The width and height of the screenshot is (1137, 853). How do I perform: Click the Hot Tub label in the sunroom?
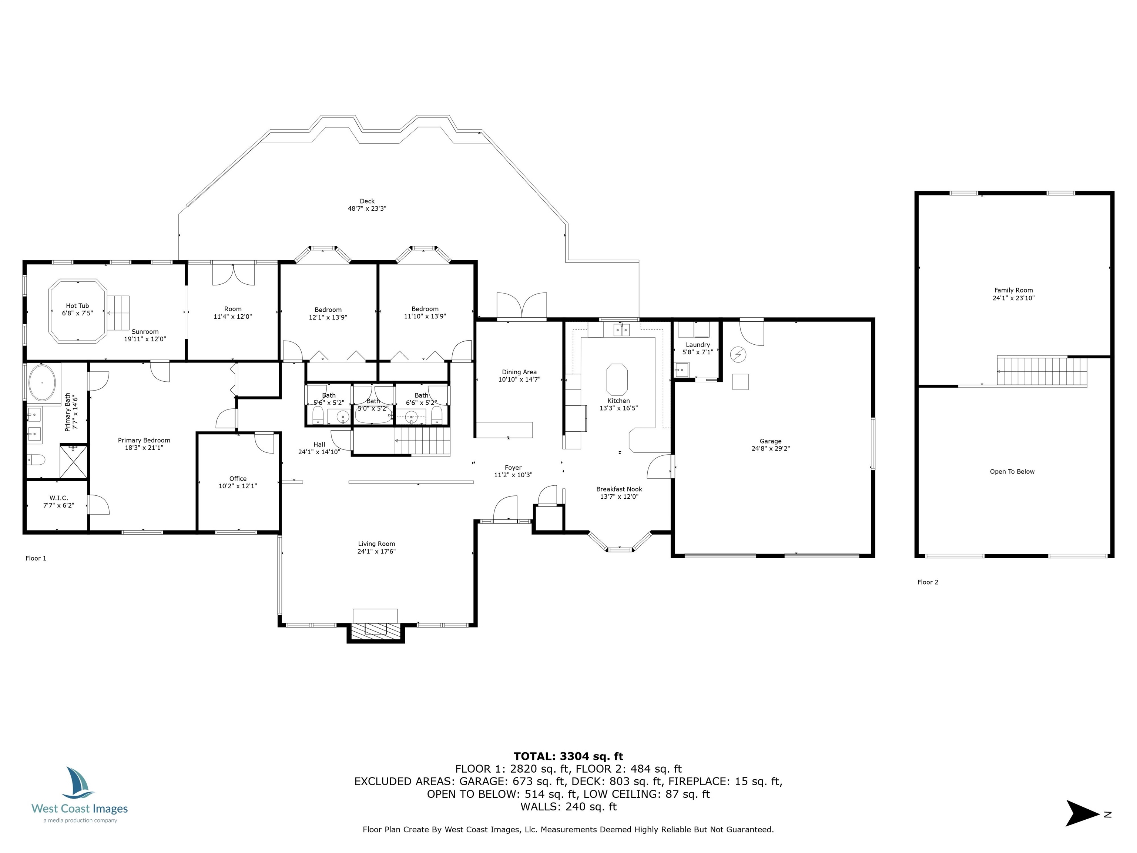click(x=77, y=306)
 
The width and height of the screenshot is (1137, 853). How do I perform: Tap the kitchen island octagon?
click(x=617, y=379)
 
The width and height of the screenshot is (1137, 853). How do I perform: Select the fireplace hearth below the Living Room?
click(x=375, y=630)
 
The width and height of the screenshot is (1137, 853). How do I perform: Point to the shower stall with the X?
click(x=74, y=461)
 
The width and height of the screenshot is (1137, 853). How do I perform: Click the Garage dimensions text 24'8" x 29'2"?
click(x=771, y=448)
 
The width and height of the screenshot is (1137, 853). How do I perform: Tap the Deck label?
click(x=367, y=201)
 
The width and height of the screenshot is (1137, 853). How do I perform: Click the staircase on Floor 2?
click(x=1042, y=371)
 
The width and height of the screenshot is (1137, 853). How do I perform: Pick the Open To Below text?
click(x=1012, y=472)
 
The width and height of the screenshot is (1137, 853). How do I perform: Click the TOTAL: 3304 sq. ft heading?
click(x=568, y=756)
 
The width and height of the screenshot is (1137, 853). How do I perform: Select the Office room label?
click(x=238, y=479)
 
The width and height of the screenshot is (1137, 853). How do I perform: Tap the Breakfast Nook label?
click(x=619, y=489)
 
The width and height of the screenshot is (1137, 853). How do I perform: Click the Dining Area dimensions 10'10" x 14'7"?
click(x=519, y=379)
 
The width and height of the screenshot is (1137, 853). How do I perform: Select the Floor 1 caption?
click(x=36, y=558)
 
